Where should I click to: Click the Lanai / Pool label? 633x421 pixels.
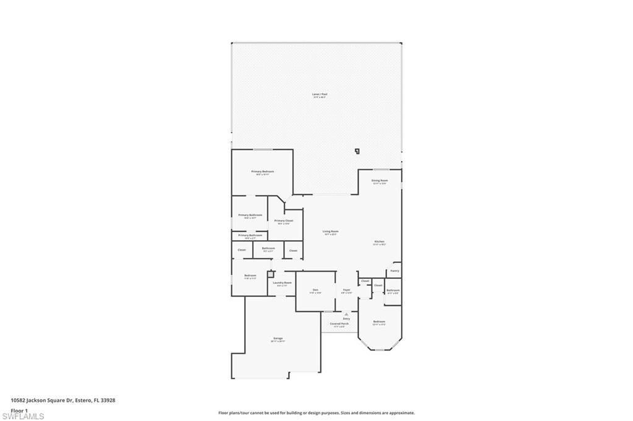(x=320, y=94)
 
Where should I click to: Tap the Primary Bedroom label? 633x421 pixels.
(x=262, y=172)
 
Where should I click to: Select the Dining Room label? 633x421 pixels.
(x=379, y=181)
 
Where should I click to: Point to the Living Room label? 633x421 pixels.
(x=331, y=231)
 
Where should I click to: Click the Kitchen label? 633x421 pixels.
(x=379, y=241)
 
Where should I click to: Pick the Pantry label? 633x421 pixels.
(x=394, y=270)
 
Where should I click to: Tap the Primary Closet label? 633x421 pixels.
(x=284, y=220)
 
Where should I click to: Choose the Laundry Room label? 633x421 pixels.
(x=284, y=283)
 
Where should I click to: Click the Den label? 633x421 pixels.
(x=315, y=290)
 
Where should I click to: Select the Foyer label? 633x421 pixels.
(x=346, y=290)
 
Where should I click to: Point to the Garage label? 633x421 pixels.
(x=278, y=338)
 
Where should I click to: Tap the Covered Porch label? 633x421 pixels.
(x=339, y=323)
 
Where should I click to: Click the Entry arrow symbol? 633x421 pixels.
(x=346, y=314)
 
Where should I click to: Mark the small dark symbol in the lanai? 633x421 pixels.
(x=357, y=150)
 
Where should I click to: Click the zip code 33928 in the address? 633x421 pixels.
(x=108, y=400)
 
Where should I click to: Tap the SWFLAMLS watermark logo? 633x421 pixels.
(x=23, y=416)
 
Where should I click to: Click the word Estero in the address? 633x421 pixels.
(x=83, y=400)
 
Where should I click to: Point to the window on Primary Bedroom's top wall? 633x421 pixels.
(x=263, y=149)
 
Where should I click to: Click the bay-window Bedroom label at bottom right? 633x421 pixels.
(x=379, y=322)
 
